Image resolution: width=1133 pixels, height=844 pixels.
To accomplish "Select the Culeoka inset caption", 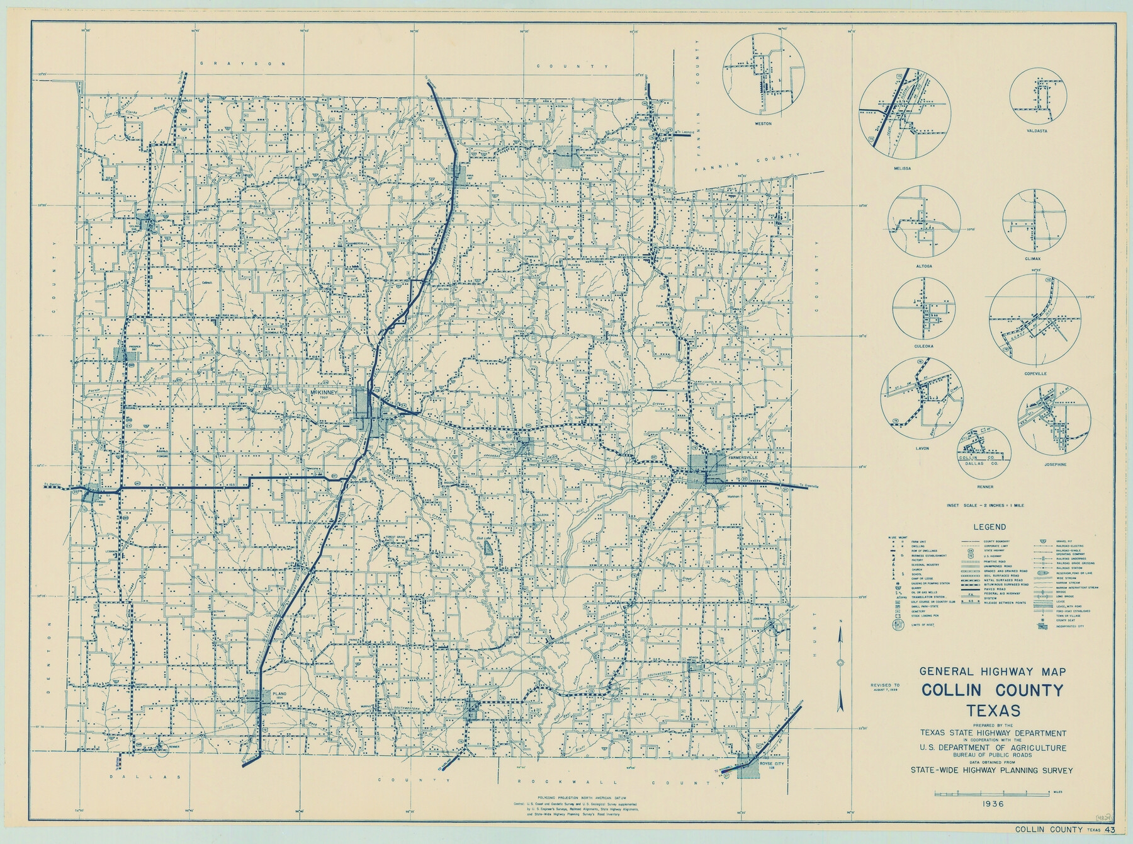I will click(x=924, y=346).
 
